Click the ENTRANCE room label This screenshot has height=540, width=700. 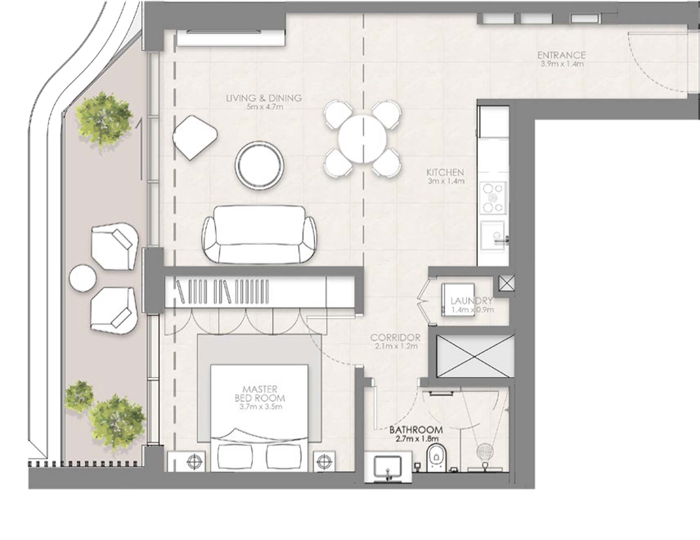(x=561, y=55)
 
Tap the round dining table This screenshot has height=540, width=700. (x=363, y=139)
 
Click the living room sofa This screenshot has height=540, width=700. (x=259, y=235)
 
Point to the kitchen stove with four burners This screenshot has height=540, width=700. (x=493, y=198)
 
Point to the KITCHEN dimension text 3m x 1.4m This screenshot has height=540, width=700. (x=446, y=181)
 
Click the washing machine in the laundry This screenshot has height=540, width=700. (x=458, y=300)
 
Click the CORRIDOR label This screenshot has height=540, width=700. (x=395, y=338)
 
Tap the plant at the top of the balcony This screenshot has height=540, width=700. (x=104, y=118)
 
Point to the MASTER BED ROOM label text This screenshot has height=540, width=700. (x=259, y=394)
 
